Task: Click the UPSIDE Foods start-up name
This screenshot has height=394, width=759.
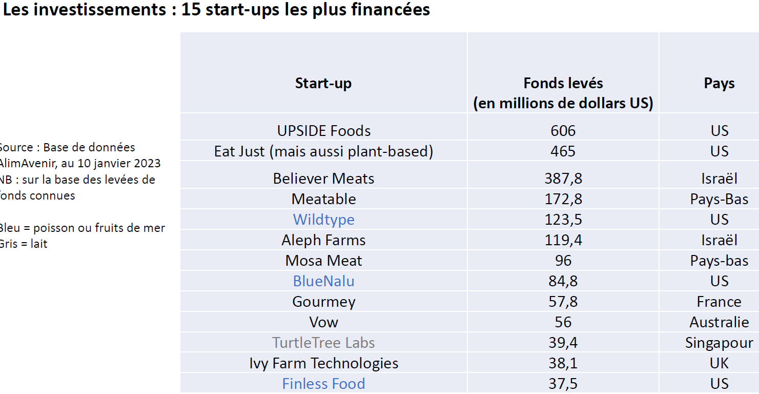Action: pos(323,131)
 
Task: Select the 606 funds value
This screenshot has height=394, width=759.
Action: pos(563,131)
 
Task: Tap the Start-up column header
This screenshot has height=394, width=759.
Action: pos(323,83)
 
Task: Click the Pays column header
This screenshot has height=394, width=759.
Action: pos(719,83)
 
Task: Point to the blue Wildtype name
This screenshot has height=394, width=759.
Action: pos(323,220)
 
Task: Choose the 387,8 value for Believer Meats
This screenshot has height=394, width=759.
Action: pos(563,179)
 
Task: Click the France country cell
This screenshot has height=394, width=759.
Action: pos(719,302)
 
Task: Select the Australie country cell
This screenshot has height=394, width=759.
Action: pos(719,322)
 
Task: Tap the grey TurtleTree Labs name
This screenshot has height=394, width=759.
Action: pos(323,343)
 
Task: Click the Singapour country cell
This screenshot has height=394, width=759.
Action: pos(719,343)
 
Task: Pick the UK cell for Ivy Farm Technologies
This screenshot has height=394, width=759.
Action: pos(719,363)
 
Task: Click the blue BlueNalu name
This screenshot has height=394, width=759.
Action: pos(323,281)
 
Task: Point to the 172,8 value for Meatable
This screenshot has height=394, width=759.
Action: pos(563,199)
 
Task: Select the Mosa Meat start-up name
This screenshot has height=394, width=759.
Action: pos(323,261)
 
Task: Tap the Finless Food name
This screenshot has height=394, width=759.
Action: pos(323,384)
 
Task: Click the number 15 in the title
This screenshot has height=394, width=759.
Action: pos(191,10)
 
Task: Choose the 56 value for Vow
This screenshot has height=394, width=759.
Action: pos(563,322)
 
